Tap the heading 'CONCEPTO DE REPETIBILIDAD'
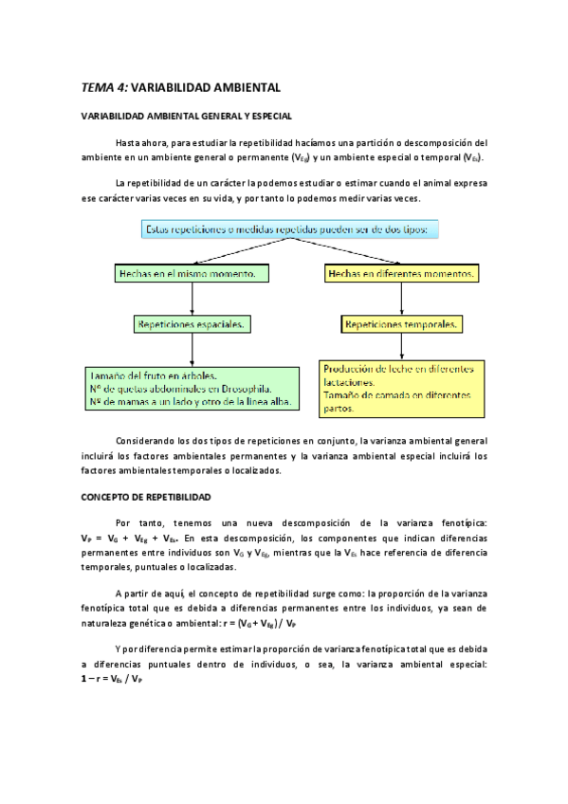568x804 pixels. [145, 497]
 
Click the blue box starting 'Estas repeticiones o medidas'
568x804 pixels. [286, 229]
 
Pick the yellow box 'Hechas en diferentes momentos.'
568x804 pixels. [401, 274]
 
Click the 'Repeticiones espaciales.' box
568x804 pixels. [192, 324]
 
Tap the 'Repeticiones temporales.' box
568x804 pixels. [402, 324]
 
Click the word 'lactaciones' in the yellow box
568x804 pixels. [353, 382]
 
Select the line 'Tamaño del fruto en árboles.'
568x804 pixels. [154, 375]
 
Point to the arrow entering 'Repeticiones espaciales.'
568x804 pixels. [192, 301]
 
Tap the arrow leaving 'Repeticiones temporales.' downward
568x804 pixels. [402, 346]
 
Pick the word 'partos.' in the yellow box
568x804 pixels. [339, 409]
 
